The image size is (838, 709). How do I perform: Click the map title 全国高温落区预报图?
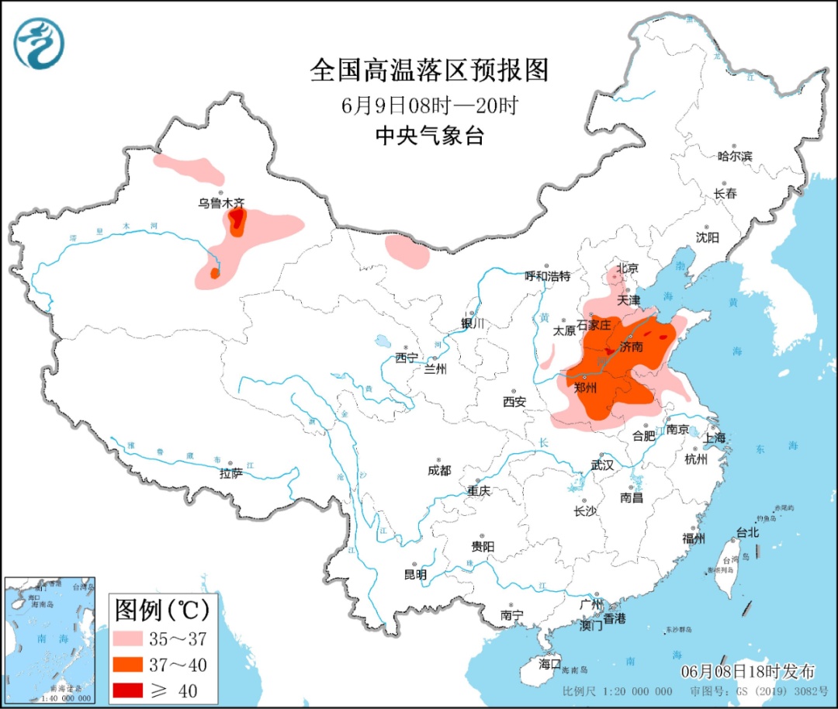429,71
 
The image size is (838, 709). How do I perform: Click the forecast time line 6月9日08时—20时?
429,105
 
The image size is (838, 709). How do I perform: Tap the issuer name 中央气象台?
429,137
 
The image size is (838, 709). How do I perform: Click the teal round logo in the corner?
39,43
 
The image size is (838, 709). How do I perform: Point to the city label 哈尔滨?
735,156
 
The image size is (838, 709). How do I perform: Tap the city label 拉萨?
231,472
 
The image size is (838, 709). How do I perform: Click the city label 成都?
438,470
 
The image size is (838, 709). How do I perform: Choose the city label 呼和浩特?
547,275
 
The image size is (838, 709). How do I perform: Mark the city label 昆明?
415,575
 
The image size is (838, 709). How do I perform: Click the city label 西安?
514,402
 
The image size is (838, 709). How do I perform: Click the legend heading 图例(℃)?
162,610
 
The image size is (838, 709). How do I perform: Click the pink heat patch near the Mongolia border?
407,251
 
